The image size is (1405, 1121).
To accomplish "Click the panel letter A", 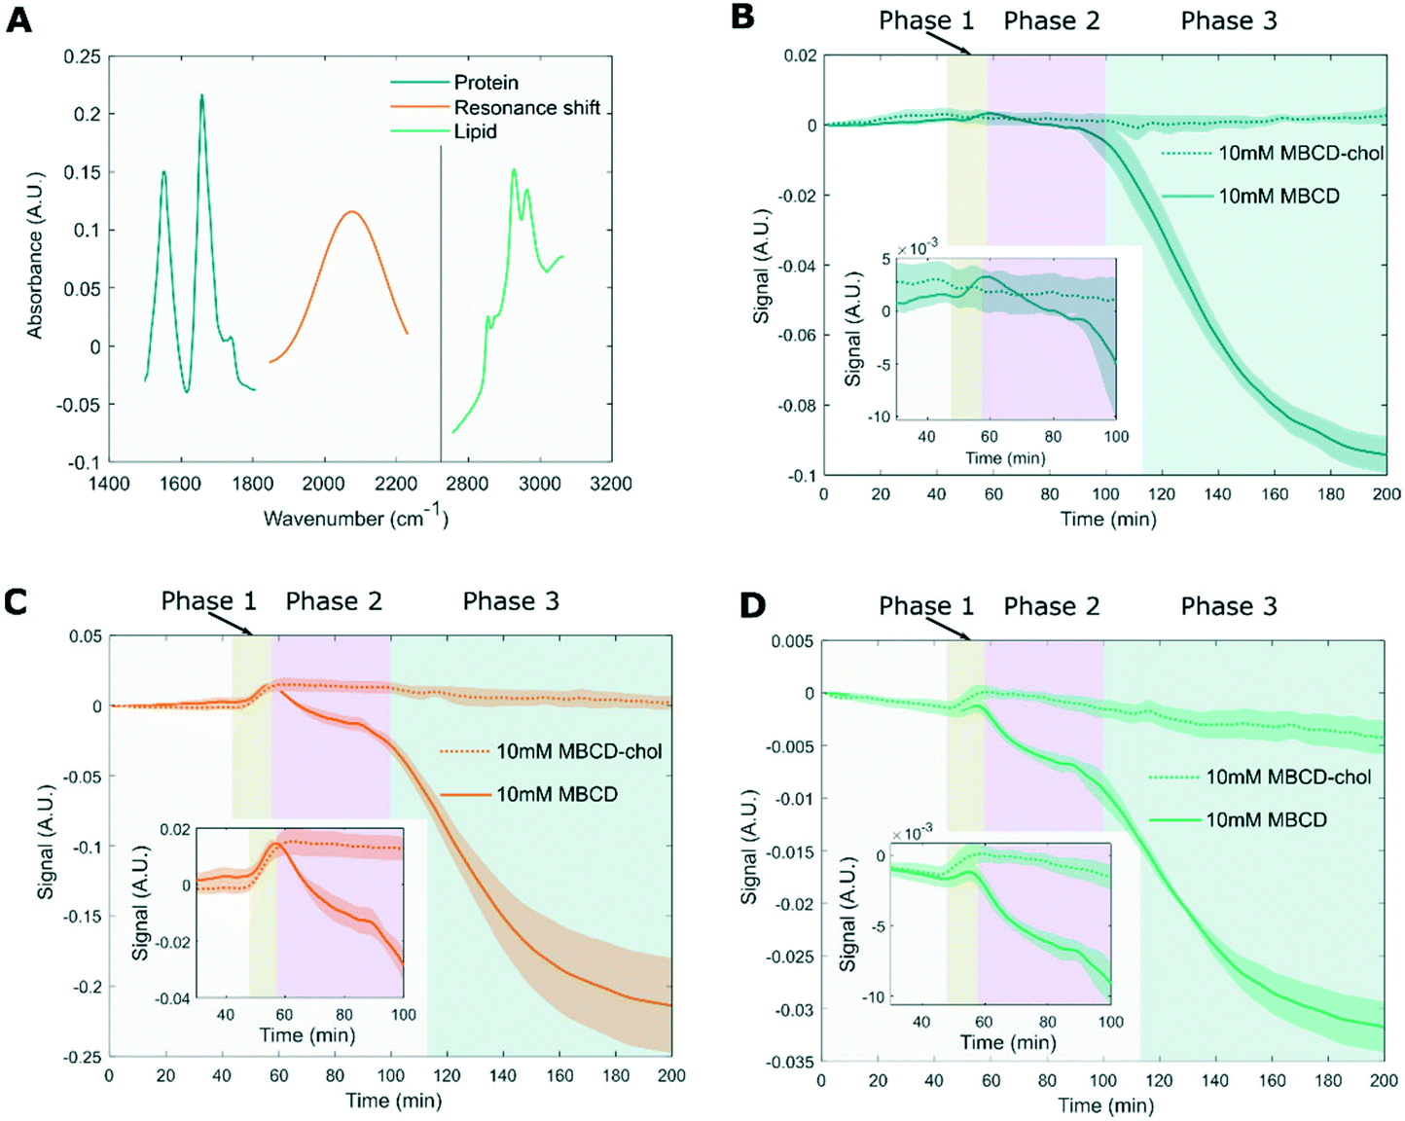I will [x=19, y=19].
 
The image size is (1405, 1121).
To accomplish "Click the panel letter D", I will [x=752, y=605].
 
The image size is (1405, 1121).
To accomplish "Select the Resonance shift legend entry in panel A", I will [x=526, y=108].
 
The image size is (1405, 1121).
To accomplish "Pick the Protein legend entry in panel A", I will [x=486, y=83].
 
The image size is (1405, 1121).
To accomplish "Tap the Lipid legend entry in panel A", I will [x=475, y=132].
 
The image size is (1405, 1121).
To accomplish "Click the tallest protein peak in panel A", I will [x=202, y=95].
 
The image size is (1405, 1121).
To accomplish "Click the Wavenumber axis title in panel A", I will [x=356, y=518].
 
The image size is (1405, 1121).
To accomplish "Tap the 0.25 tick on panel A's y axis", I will [x=82, y=56].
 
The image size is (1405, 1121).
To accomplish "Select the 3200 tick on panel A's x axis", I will [x=611, y=484].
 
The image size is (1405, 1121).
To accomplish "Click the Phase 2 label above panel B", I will [x=1052, y=21].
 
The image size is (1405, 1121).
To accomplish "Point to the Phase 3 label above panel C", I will [x=511, y=601].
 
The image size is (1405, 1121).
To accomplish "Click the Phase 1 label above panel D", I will [x=926, y=606].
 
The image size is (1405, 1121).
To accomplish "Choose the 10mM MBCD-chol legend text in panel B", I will [x=1301, y=154].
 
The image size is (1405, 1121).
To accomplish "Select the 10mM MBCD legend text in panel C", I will [x=557, y=795].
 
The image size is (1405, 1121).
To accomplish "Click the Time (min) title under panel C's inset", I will [x=306, y=1035].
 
